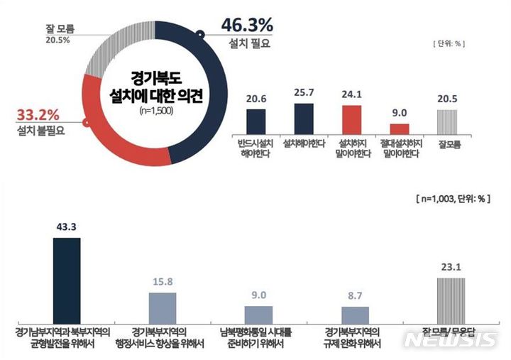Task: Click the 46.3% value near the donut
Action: (247, 25)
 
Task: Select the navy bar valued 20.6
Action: (255, 121)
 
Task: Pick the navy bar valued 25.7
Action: (304, 117)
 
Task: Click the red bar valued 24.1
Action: (351, 119)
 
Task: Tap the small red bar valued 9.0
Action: (400, 128)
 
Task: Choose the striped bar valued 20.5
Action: (447, 121)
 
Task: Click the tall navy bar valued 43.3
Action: (67, 280)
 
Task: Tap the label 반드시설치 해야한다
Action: (255, 147)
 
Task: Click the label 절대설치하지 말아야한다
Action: (400, 147)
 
